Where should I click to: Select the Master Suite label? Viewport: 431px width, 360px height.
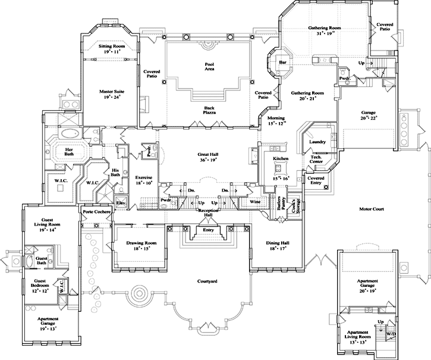[111, 92]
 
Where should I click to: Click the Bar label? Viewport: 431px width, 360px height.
[283, 61]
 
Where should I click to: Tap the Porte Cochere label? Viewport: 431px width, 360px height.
[96, 211]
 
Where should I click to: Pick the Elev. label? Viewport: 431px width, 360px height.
[121, 203]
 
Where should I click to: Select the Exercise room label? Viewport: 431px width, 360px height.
[144, 177]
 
